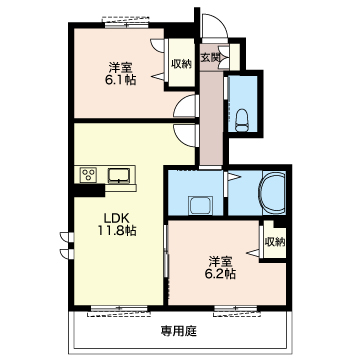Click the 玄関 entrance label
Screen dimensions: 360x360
(x=210, y=57)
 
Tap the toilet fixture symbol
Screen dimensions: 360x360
(x=242, y=121)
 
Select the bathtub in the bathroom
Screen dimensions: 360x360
(x=274, y=192)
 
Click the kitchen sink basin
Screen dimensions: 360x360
(x=120, y=176)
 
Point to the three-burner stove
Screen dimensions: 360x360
(x=88, y=175)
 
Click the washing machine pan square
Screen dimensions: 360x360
(x=200, y=205)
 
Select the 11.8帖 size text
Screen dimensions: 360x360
(x=117, y=231)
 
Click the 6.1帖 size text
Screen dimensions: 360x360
(x=121, y=80)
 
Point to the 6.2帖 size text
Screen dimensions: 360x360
(x=220, y=274)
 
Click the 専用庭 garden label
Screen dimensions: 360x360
(x=179, y=331)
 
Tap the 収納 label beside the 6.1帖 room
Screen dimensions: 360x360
(x=182, y=64)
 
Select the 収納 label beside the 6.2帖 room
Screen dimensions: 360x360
(x=275, y=242)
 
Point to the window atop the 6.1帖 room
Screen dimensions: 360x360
(x=126, y=24)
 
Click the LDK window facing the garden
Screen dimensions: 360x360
(x=119, y=309)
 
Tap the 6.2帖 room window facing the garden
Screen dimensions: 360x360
(x=236, y=309)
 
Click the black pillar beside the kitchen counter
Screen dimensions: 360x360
(x=89, y=191)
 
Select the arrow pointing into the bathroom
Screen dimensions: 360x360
(x=234, y=177)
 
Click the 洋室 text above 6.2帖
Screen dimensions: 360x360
(x=220, y=261)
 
